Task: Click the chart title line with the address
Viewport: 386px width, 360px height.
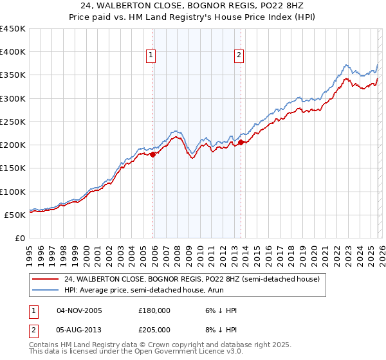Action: pos(193,6)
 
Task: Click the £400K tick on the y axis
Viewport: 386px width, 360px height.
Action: pos(13,52)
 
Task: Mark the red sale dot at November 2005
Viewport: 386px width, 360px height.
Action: pos(152,154)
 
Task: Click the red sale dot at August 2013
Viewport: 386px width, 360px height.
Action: pos(240,143)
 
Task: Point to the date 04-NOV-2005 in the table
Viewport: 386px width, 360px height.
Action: pos(80,310)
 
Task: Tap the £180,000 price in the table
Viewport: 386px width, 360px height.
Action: pos(154,310)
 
